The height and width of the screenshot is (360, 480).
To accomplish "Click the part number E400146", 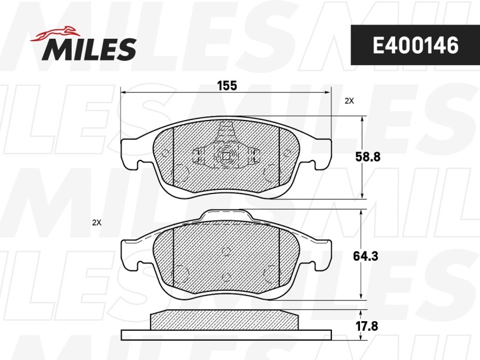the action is point(416,45).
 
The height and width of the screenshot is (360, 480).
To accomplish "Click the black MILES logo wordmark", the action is point(89,49).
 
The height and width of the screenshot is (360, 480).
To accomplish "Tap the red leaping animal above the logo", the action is point(55,33).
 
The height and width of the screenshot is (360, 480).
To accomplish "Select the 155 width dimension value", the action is point(227,86).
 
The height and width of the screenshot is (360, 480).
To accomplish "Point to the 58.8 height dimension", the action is point(367,157).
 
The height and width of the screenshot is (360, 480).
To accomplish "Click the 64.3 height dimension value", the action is point(365,256).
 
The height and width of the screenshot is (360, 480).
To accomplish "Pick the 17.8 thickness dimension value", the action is point(367,326).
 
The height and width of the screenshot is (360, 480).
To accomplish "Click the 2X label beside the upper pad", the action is point(349,101).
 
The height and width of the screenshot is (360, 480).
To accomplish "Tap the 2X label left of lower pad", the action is point(97,223).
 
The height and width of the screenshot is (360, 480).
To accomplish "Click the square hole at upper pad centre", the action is point(226,156).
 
